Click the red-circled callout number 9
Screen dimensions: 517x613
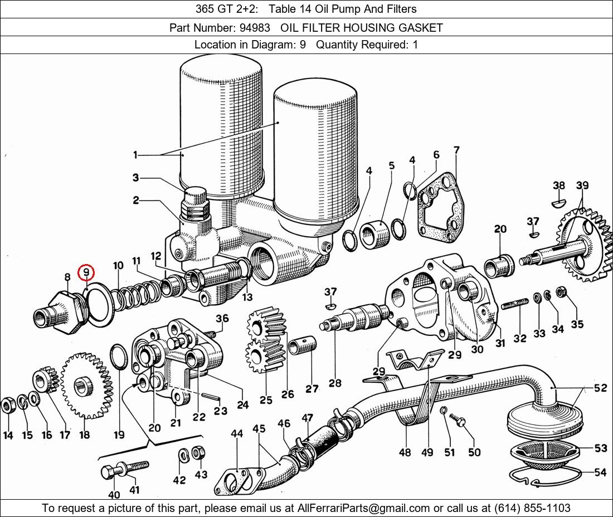pos(86,272)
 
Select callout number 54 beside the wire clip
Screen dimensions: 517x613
pos(600,472)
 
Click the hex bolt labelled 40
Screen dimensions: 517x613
pos(108,473)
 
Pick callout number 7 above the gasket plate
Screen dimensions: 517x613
pos(456,150)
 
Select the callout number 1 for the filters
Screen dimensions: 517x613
pos(135,155)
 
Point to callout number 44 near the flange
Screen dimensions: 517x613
pos(237,434)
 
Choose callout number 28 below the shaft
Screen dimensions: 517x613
pos(335,383)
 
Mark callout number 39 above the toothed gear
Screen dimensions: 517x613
pos(582,186)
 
